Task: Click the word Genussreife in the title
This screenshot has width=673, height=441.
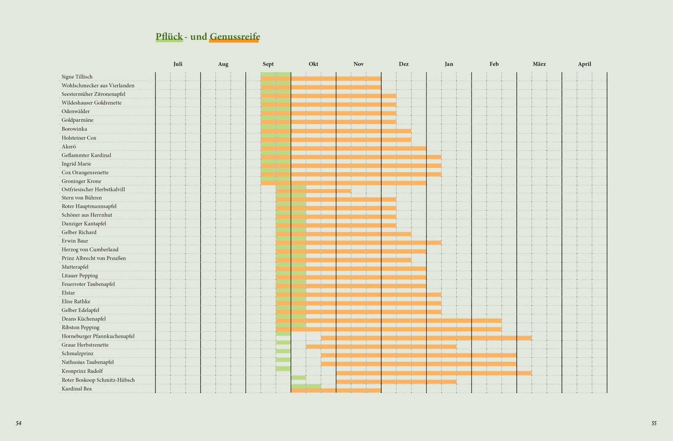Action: click(x=234, y=37)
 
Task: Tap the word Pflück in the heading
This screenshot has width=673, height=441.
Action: click(x=169, y=37)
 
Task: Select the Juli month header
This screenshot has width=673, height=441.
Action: click(x=178, y=64)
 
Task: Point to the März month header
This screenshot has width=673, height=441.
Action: click(x=539, y=64)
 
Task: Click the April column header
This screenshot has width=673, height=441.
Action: click(x=584, y=64)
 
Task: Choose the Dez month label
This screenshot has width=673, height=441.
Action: click(x=403, y=64)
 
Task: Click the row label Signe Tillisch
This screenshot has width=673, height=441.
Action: click(x=77, y=77)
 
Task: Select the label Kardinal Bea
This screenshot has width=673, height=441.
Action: click(x=77, y=388)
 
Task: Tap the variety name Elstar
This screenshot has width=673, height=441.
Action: click(x=68, y=293)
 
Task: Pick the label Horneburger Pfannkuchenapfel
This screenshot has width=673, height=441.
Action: click(x=98, y=336)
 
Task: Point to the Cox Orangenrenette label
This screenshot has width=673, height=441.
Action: click(x=85, y=173)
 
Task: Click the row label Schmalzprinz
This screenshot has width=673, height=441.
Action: click(x=77, y=353)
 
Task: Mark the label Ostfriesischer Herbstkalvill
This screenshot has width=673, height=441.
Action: click(x=93, y=189)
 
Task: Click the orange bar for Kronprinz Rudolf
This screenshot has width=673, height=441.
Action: click(x=434, y=373)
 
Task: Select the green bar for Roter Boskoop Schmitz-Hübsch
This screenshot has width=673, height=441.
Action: click(x=298, y=377)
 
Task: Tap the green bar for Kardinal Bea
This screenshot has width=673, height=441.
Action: click(x=306, y=386)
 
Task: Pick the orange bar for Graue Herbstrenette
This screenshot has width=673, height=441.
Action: click(x=381, y=347)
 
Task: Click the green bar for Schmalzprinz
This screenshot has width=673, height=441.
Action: click(x=283, y=351)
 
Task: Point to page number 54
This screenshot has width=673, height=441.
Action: click(x=19, y=423)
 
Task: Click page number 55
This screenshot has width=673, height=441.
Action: click(x=654, y=423)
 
